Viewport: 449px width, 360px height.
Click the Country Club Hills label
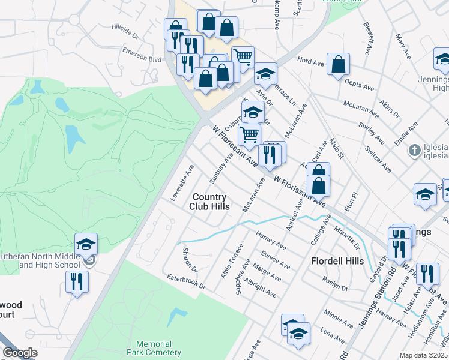[209, 202]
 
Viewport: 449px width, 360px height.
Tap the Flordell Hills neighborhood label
[337, 261]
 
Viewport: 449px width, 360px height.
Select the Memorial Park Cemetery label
[158, 348]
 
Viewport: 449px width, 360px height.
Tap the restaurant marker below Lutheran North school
[77, 281]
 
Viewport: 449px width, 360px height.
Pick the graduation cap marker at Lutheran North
[86, 244]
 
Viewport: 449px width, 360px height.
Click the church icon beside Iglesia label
[414, 149]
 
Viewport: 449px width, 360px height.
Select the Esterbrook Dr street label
[187, 281]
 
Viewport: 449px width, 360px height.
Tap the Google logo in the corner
[20, 353]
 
